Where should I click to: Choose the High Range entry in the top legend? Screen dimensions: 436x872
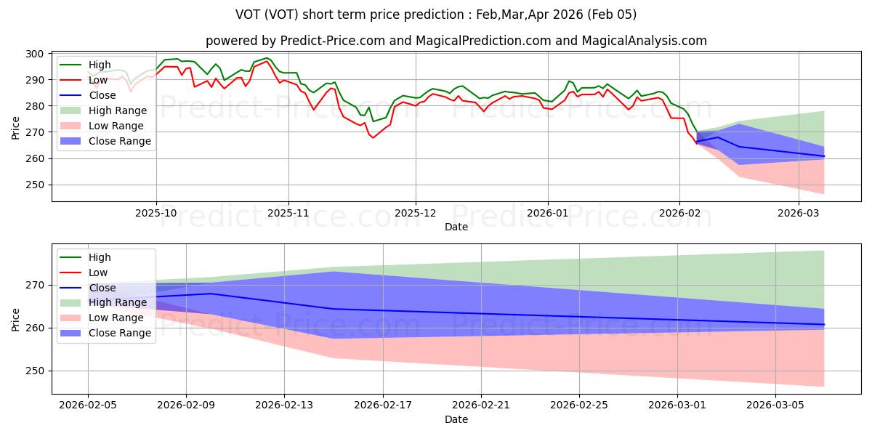[118, 110]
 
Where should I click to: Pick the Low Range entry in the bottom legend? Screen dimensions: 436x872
[117, 318]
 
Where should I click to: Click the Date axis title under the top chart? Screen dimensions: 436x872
[457, 227]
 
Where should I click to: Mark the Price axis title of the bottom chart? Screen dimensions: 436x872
[15, 318]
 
